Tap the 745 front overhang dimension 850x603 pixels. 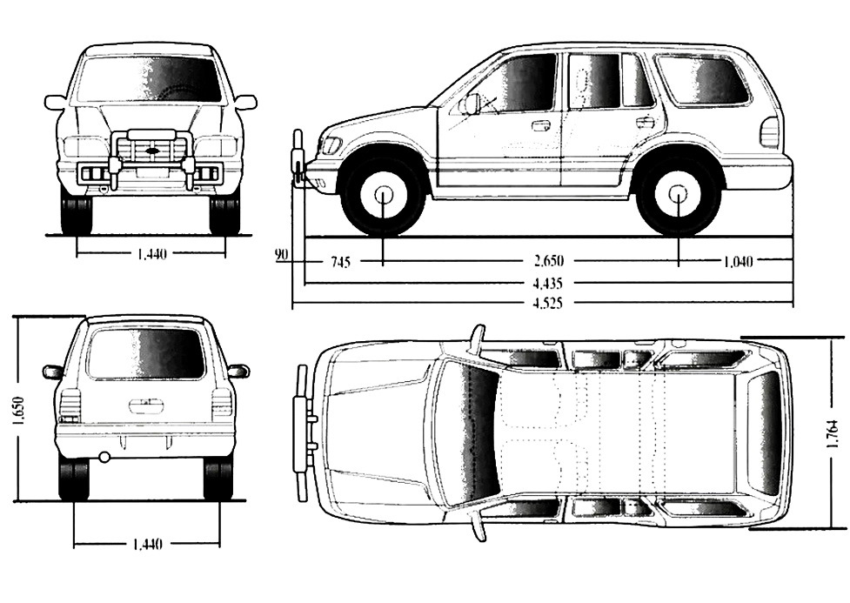pyautogui.click(x=340, y=261)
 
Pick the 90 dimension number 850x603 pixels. pyautogui.click(x=281, y=255)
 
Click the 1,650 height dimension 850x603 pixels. pyautogui.click(x=18, y=409)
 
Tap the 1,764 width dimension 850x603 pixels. pyautogui.click(x=833, y=433)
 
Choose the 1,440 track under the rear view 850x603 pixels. pyautogui.click(x=146, y=545)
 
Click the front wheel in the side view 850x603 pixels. pyautogui.click(x=384, y=194)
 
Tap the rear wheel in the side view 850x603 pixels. pyautogui.click(x=679, y=194)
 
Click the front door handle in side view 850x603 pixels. pyautogui.click(x=540, y=125)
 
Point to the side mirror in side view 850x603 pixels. pyautogui.click(x=471, y=104)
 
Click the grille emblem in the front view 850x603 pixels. pyautogui.click(x=152, y=153)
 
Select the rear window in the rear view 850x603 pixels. pyautogui.click(x=146, y=353)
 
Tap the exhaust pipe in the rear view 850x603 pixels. pyautogui.click(x=105, y=457)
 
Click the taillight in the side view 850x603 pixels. pyautogui.click(x=769, y=132)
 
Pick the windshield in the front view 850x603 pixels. pyautogui.click(x=148, y=79)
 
